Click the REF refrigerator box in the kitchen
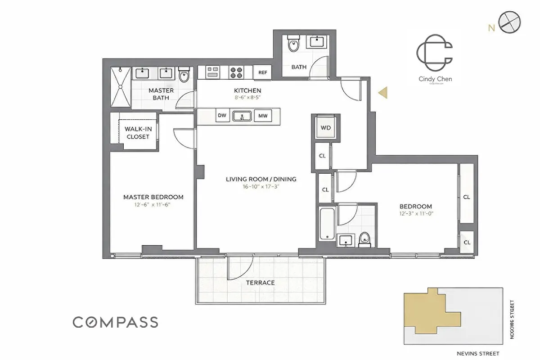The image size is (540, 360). point(262,72)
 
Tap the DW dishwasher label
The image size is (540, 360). point(222,116)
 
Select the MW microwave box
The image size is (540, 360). point(263,116)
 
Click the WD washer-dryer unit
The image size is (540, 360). point(325,128)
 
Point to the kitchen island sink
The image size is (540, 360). point(242,116)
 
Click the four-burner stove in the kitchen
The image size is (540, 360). point(236,72)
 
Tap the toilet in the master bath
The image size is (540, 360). point(184,75)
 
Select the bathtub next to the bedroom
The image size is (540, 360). point(325,224)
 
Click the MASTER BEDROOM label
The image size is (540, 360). point(153,197)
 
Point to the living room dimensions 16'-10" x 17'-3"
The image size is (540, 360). point(261,186)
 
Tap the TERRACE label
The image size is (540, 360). point(260,283)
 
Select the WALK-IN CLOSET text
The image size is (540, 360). point(138,133)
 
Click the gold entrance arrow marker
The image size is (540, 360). point(382,93)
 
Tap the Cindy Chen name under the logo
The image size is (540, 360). point(435,79)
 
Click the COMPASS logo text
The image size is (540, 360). point(116,322)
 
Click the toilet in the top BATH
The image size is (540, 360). point(293,45)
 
